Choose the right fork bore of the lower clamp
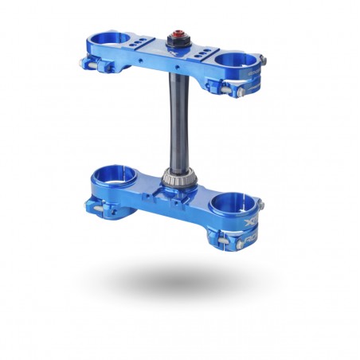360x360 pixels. click(x=229, y=207)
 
